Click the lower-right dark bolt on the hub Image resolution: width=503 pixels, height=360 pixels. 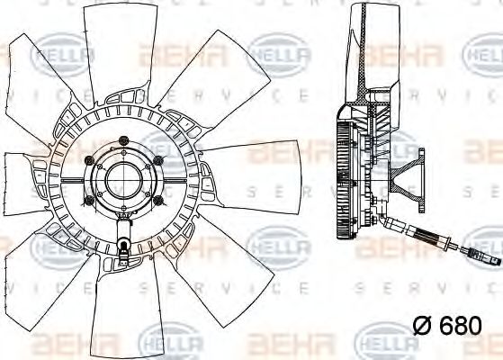coord(157,199)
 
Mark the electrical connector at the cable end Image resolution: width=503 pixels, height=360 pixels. coord(477,262)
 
